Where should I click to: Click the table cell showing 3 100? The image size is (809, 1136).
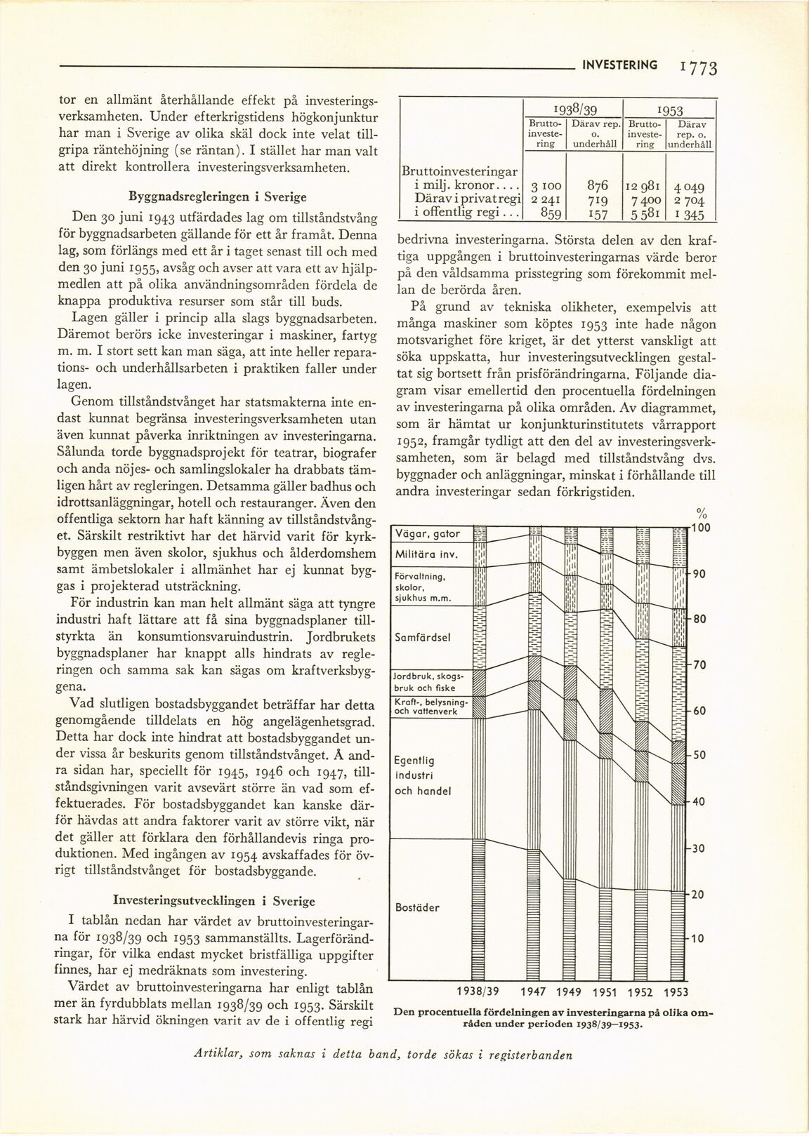click(x=544, y=187)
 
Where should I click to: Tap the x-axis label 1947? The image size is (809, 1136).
click(x=534, y=991)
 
